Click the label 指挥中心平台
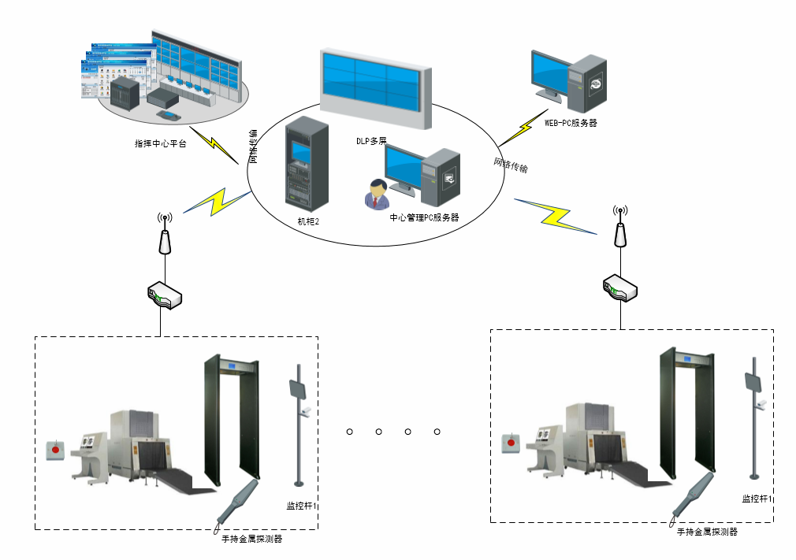click(x=160, y=144)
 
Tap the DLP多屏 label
click(x=370, y=141)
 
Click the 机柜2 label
click(x=308, y=221)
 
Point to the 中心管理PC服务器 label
click(x=424, y=217)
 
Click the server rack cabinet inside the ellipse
click(x=306, y=165)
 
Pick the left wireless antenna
click(x=164, y=235)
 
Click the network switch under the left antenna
click(x=165, y=295)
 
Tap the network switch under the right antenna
click(x=620, y=288)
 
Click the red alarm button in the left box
click(x=55, y=451)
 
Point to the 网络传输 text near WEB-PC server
click(x=511, y=165)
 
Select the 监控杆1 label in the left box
click(x=302, y=504)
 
